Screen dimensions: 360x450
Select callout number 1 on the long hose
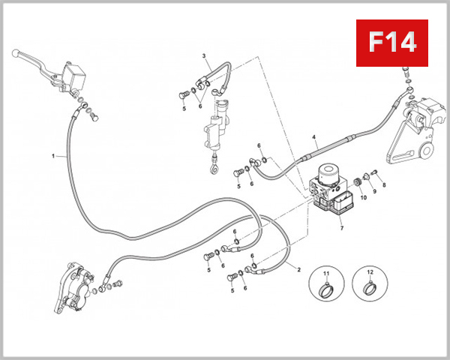click(x=53, y=156)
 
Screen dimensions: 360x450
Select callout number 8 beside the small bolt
click(x=384, y=184)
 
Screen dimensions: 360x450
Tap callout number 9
click(x=374, y=192)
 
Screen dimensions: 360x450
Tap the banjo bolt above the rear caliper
click(x=406, y=75)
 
